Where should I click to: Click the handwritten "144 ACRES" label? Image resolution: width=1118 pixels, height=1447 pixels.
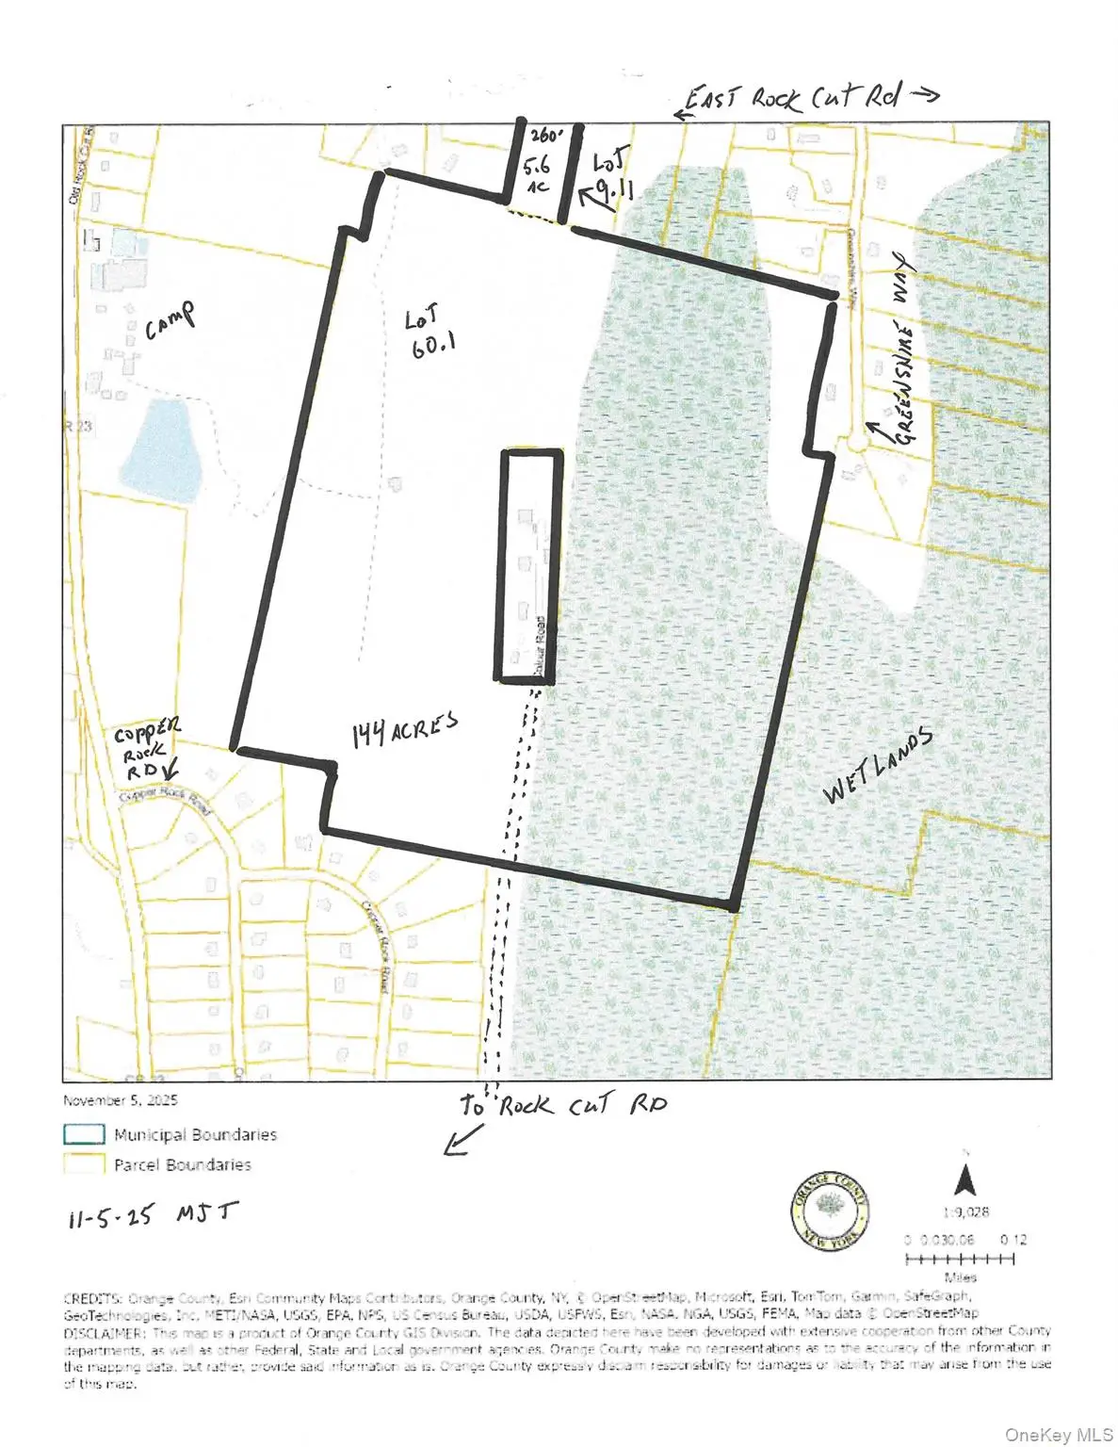point(405,729)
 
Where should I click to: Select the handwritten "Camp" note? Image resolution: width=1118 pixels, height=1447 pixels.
point(170,320)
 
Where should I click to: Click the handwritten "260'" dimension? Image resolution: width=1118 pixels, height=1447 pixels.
point(545,135)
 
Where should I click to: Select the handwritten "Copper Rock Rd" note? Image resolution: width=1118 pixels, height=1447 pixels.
point(147,748)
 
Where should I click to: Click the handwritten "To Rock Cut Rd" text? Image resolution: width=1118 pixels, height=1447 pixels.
point(562,1104)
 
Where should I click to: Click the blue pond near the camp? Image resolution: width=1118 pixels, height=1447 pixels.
point(166,450)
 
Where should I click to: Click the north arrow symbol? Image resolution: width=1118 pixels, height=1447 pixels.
point(965,1179)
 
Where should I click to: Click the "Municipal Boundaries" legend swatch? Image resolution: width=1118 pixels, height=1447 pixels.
point(84,1134)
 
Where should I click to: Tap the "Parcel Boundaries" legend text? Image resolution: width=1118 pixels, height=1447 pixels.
point(183,1165)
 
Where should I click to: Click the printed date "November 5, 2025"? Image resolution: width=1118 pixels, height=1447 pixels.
point(121,1100)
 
